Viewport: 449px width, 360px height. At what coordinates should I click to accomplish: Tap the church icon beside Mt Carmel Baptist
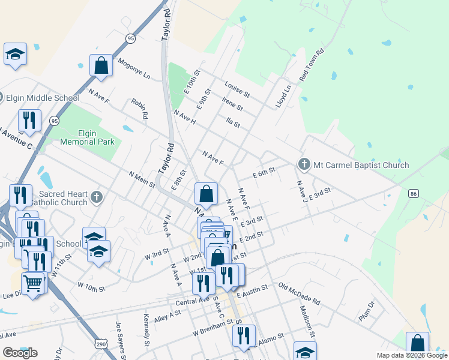[304, 164]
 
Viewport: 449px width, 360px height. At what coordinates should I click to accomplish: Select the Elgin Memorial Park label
[87, 137]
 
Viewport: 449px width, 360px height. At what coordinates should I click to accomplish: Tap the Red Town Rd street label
[312, 65]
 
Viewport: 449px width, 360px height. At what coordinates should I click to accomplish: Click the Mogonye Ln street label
[134, 68]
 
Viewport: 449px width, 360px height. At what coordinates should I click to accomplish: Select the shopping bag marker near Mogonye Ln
[101, 65]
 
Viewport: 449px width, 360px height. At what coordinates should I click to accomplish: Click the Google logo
[20, 352]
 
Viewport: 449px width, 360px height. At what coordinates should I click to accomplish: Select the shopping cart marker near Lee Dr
[34, 282]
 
